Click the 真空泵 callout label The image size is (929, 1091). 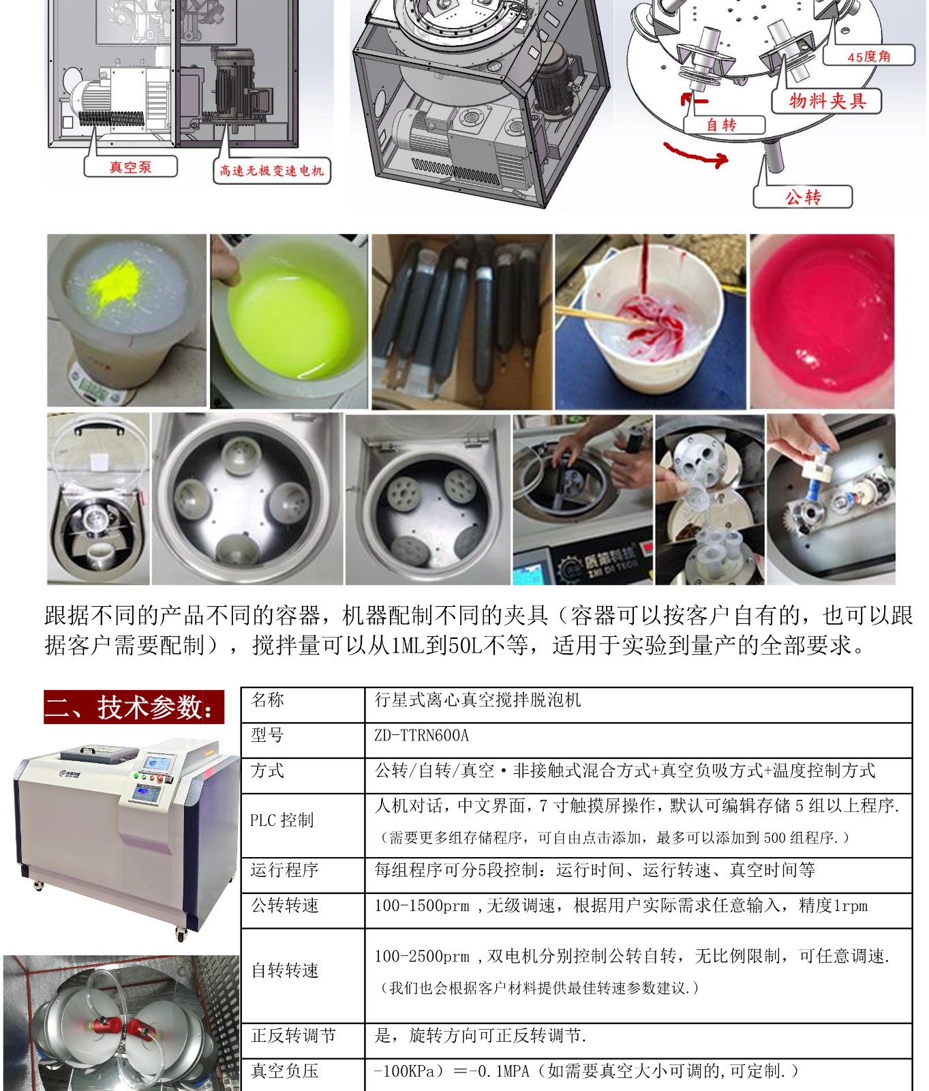click(130, 167)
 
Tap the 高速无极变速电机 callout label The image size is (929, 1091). click(271, 171)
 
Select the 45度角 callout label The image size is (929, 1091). click(869, 56)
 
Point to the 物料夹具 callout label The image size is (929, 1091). click(827, 102)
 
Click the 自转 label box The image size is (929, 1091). click(721, 125)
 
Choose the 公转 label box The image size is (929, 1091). click(803, 197)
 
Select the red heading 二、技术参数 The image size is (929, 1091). click(134, 706)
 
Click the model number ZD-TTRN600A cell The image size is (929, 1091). click(422, 736)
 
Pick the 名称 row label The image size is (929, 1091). click(268, 700)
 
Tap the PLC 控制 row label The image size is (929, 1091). click(282, 820)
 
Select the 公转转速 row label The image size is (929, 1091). click(285, 906)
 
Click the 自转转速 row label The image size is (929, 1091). click(285, 970)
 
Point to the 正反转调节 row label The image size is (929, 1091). click(294, 1036)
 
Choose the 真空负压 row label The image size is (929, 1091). click(285, 1071)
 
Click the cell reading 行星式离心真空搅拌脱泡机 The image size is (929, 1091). click(478, 700)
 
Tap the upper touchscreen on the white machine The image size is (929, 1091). click(158, 762)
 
